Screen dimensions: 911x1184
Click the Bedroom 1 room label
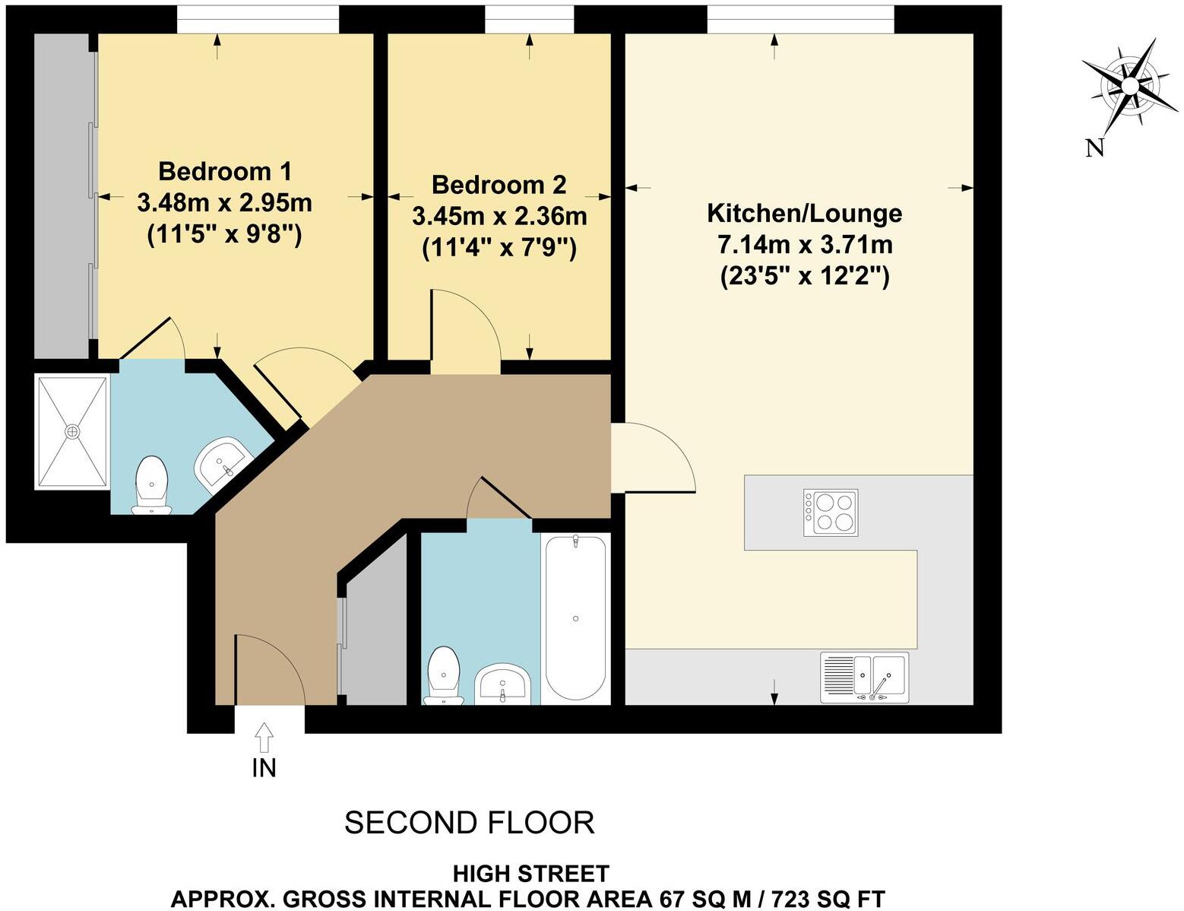[x=224, y=171]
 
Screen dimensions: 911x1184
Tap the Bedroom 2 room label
[x=499, y=185]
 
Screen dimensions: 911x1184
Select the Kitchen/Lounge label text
[x=804, y=213]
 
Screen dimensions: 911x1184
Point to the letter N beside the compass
[x=1094, y=148]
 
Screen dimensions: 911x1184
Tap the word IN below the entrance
[x=264, y=768]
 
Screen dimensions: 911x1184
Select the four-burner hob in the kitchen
[x=831, y=512]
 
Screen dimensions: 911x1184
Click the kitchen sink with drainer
[x=864, y=677]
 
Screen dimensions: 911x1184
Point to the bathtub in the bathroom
[x=575, y=617]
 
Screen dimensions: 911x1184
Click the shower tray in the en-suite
[x=72, y=432]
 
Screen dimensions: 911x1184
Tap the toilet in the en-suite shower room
[x=151, y=485]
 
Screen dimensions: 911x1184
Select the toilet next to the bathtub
[x=443, y=675]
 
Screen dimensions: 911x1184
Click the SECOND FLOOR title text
[x=469, y=823]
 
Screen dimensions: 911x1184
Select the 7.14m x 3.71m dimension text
[x=804, y=245]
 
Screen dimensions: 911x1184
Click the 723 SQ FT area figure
[x=828, y=899]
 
